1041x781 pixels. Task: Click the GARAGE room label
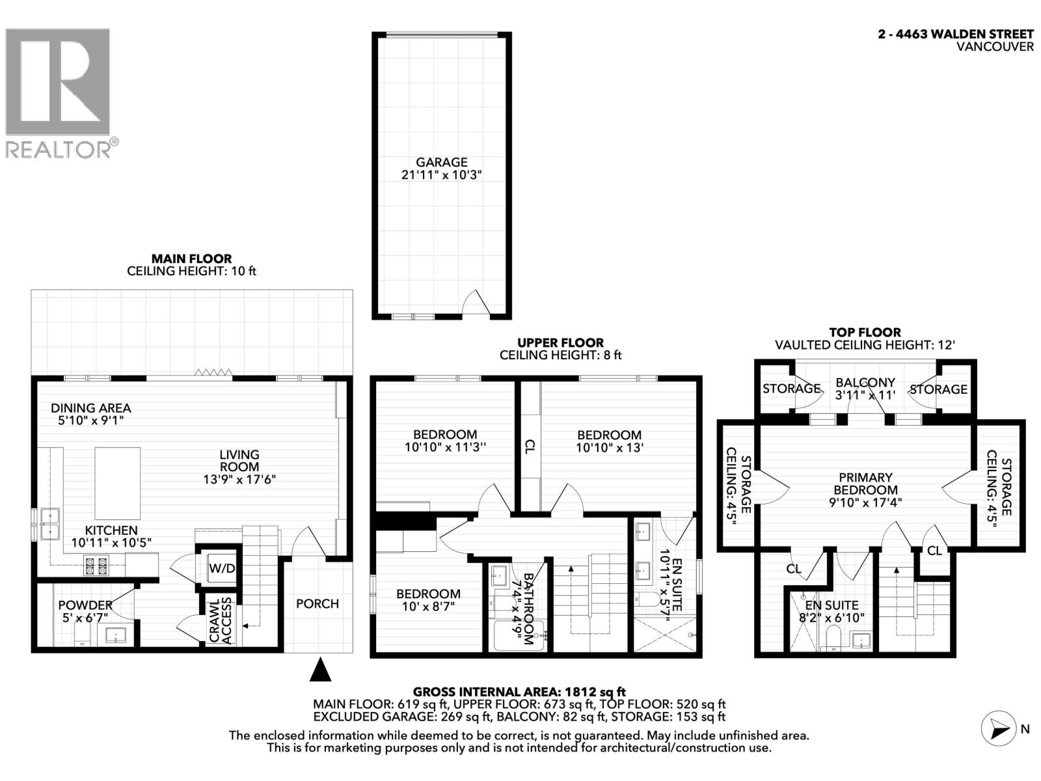point(442,162)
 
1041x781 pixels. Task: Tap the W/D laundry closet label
point(222,568)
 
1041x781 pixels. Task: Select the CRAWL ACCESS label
point(221,621)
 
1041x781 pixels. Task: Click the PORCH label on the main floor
point(318,604)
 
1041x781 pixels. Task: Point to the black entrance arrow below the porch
point(320,669)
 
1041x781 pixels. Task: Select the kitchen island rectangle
point(118,483)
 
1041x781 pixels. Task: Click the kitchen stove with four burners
point(96,566)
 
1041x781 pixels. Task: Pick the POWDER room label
point(85,605)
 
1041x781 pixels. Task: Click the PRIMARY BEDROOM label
point(865,484)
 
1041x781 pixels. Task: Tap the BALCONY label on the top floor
point(865,382)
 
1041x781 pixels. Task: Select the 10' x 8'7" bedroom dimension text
point(428,607)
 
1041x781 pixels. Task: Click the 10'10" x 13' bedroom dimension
point(610,447)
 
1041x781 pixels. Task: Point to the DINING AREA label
point(91,408)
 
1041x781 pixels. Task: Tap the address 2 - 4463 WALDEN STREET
point(956,34)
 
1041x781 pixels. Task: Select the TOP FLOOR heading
point(865,333)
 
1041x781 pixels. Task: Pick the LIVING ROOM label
point(239,460)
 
